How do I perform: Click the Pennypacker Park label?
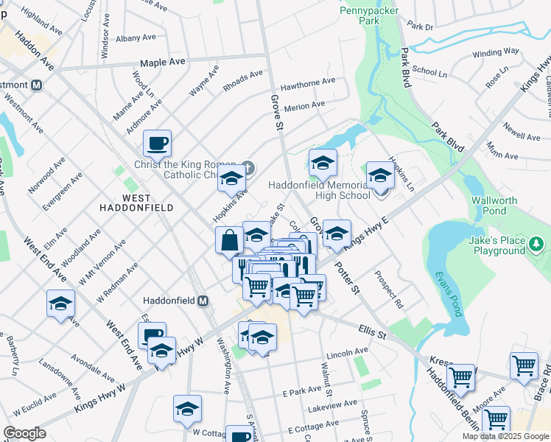point(360,15)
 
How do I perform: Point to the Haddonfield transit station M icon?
point(203,301)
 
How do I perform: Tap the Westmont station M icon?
point(35,85)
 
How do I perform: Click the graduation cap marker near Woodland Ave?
point(61,303)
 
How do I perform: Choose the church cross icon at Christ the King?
point(248,168)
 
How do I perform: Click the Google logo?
point(24,433)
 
